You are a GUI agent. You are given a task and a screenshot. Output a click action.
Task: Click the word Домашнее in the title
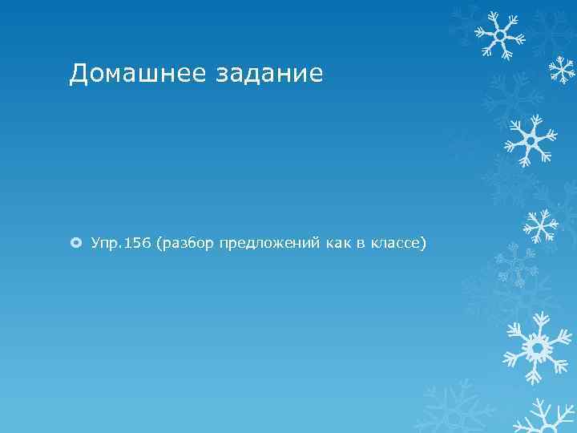click(x=137, y=74)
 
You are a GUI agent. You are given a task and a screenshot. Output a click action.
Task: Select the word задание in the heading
click(x=269, y=74)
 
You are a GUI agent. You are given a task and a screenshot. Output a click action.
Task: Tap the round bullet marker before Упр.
click(x=76, y=242)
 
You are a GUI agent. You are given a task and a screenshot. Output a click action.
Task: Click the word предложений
click(x=268, y=242)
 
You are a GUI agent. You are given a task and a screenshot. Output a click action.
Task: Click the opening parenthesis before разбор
click(x=162, y=242)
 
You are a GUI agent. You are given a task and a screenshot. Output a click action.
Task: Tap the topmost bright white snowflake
click(x=498, y=34)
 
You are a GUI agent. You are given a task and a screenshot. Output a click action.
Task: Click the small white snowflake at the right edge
click(x=562, y=69)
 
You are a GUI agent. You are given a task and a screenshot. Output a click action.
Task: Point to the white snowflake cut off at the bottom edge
click(x=545, y=417)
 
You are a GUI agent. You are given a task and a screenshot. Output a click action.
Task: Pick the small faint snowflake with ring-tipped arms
click(x=516, y=264)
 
